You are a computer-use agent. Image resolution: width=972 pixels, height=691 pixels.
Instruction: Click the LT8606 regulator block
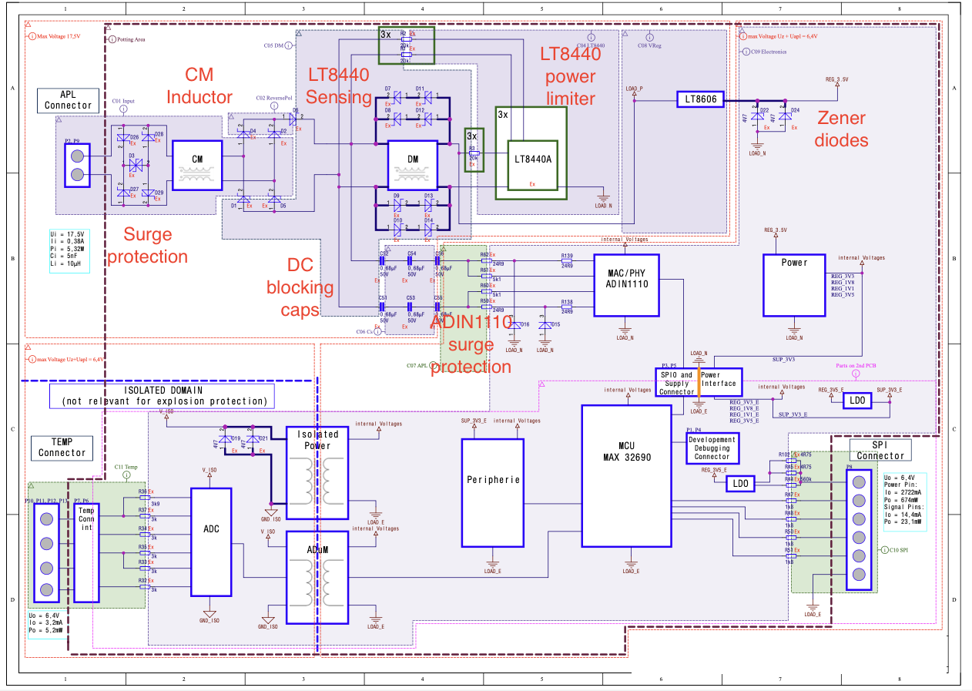[x=701, y=99]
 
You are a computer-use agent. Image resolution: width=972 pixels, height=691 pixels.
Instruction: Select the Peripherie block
[x=492, y=492]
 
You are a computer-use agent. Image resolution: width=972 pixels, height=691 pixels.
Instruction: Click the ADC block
[x=211, y=542]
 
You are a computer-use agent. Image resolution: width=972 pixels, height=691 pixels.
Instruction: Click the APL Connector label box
[x=68, y=99]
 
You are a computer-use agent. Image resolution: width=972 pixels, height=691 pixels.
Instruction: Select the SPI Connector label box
[x=880, y=450]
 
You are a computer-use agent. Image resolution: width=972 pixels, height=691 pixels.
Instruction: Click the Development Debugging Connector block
[x=712, y=448]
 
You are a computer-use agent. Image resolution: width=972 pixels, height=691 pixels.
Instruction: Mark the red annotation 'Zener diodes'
[x=842, y=129]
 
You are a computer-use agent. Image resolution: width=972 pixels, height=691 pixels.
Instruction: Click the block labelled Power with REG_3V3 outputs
[x=794, y=284]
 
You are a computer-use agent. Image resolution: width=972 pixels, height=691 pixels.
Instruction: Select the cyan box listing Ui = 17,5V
[x=69, y=251]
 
